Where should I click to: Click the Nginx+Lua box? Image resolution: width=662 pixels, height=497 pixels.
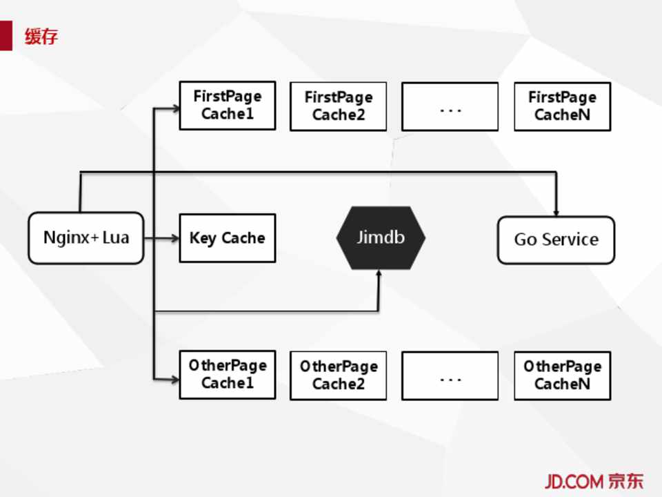86,238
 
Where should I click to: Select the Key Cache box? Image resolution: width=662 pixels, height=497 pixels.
228,238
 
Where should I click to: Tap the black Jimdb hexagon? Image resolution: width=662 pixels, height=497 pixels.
381,237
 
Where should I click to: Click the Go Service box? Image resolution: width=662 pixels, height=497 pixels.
556,240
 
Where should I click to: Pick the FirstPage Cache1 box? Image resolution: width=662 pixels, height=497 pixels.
228,105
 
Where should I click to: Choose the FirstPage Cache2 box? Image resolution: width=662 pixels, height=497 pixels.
339,106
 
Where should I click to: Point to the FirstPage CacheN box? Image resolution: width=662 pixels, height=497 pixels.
563,106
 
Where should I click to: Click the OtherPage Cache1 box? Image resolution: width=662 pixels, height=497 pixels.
228,374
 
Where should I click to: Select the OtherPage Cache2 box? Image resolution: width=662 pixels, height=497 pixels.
339,376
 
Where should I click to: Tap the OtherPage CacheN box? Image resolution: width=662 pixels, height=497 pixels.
563,376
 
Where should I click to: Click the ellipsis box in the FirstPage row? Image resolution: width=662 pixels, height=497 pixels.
450,106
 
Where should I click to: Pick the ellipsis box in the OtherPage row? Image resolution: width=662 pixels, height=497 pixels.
450,376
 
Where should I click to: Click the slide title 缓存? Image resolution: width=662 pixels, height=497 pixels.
41,36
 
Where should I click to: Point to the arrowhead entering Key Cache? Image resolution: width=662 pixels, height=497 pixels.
174,238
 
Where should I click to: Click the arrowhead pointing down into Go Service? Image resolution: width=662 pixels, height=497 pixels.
556,211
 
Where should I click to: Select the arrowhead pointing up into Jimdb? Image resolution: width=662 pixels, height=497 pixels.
379,274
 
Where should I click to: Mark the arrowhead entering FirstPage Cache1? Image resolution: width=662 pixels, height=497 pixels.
174,108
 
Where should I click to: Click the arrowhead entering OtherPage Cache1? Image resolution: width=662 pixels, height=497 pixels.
174,378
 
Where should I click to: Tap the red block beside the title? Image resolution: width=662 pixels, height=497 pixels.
6,36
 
